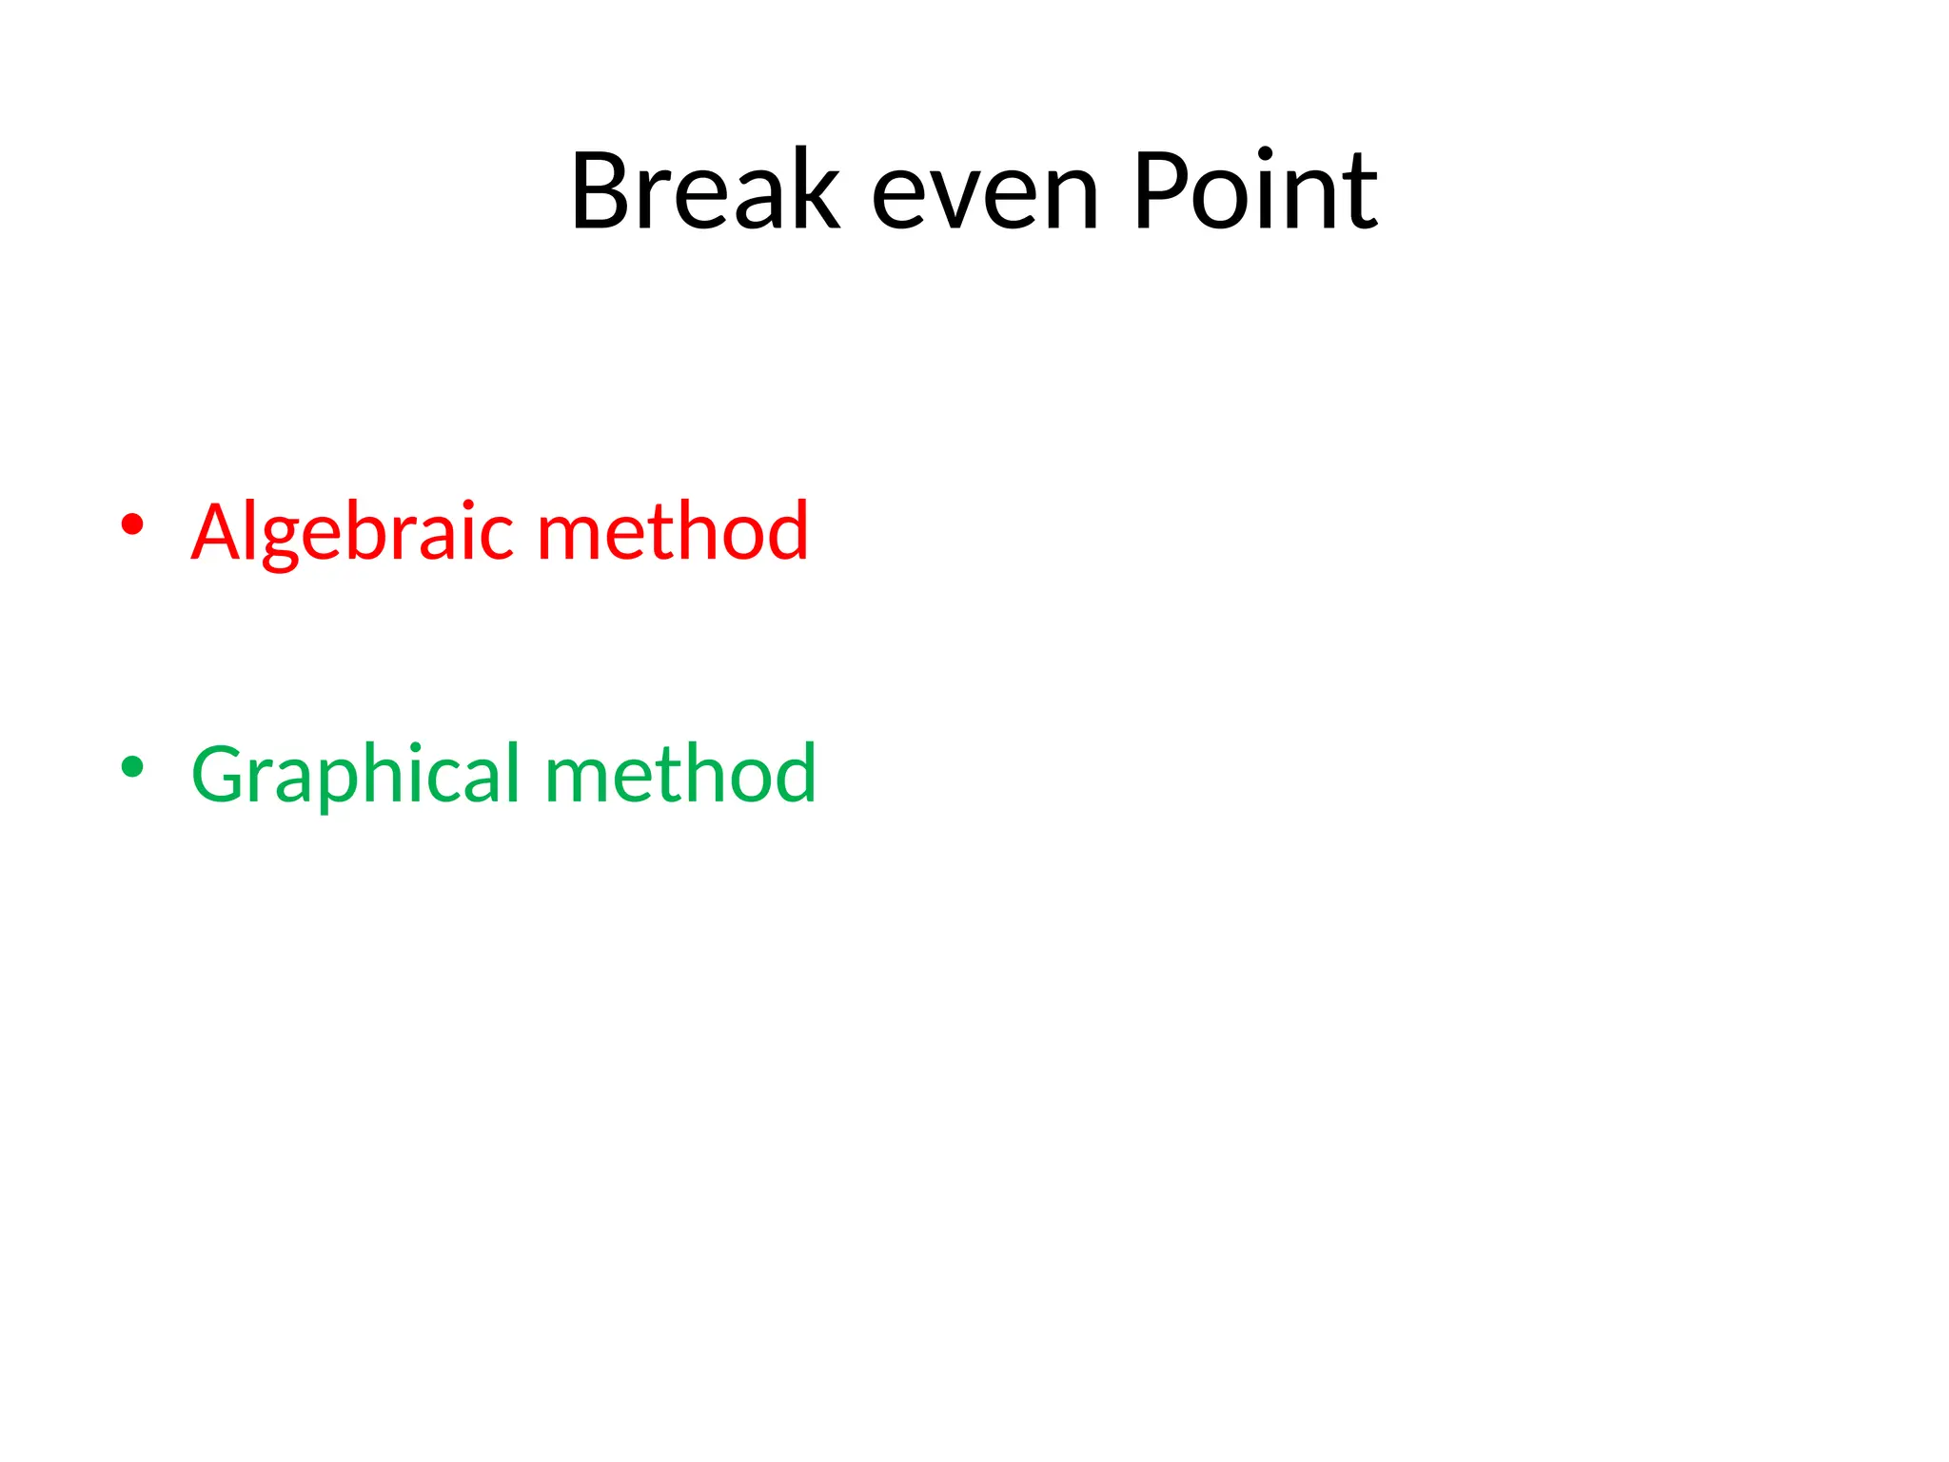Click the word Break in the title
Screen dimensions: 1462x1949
coord(705,191)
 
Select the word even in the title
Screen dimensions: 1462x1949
coord(985,195)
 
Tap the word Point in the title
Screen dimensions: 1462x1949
coord(1255,191)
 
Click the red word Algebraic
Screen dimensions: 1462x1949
coord(353,533)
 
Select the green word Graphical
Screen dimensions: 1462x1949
coord(357,776)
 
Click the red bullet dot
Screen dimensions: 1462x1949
coord(132,524)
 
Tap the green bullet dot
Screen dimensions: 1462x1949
coord(132,766)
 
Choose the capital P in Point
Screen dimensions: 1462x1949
coord(1163,191)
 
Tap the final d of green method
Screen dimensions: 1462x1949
coord(791,772)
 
